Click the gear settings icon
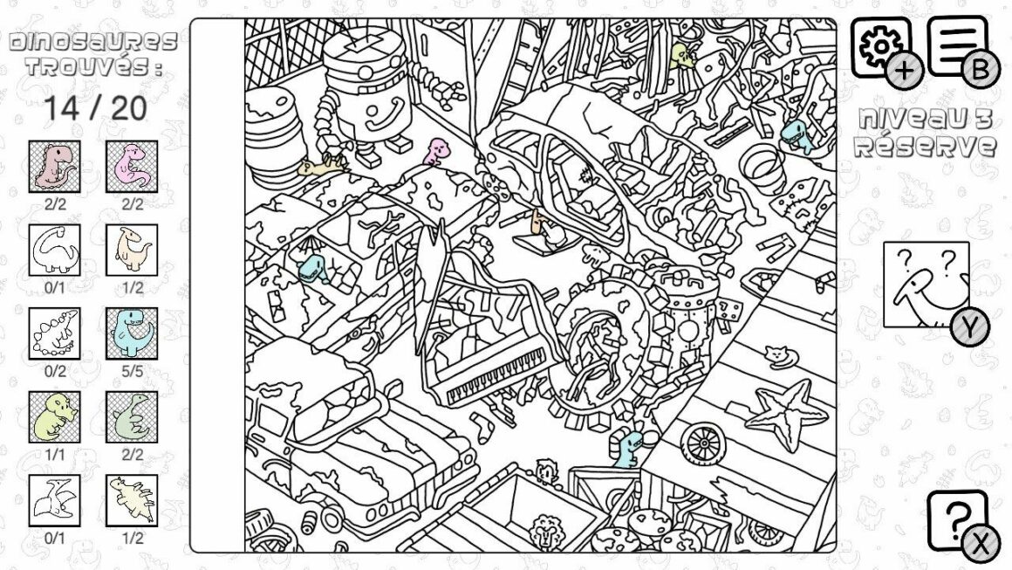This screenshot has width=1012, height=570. tap(881, 47)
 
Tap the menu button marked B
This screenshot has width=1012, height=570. tap(958, 47)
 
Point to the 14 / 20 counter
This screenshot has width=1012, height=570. tap(95, 108)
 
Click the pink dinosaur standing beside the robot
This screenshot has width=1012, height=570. tap(436, 151)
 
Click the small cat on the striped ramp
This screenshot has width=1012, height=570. tap(780, 355)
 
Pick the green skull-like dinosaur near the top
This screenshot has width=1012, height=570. tap(681, 56)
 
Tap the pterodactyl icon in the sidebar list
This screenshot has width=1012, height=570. tap(54, 500)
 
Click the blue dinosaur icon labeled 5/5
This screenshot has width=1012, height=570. tap(132, 333)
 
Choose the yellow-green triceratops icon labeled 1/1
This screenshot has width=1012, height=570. tap(54, 417)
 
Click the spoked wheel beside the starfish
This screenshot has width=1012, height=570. tap(703, 443)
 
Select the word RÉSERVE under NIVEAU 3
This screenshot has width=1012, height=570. tap(924, 147)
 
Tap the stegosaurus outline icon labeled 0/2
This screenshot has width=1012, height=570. tap(54, 333)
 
